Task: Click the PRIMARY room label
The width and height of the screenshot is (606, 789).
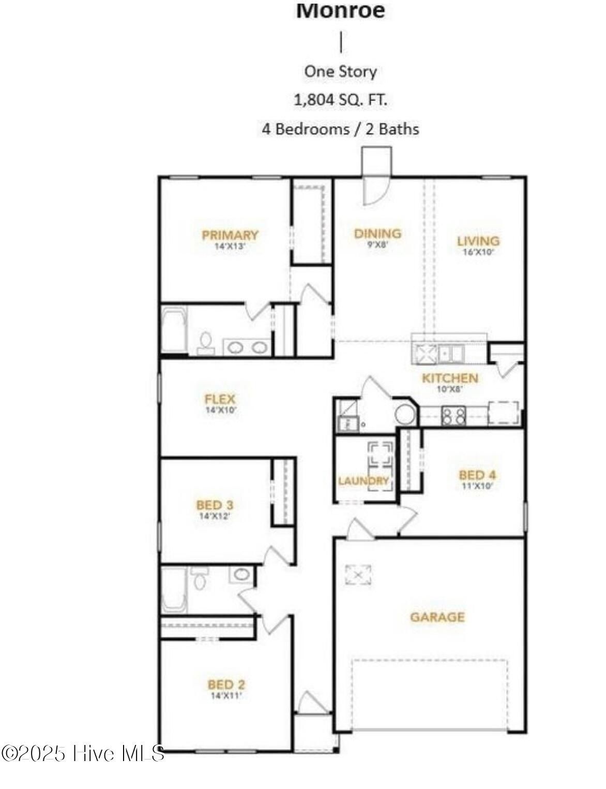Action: pyautogui.click(x=230, y=236)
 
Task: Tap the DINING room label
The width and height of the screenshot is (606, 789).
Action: pyautogui.click(x=377, y=233)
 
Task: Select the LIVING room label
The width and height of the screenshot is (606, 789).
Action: pyautogui.click(x=478, y=241)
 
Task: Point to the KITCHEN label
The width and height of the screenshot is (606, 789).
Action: pyautogui.click(x=450, y=378)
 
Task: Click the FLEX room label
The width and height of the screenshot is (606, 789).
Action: pyautogui.click(x=220, y=399)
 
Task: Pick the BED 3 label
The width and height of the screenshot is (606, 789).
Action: pyautogui.click(x=215, y=504)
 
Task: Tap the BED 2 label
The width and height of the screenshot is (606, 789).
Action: pyautogui.click(x=226, y=685)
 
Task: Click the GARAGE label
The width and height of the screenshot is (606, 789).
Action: pyautogui.click(x=437, y=617)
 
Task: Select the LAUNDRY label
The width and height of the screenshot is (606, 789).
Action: pyautogui.click(x=363, y=481)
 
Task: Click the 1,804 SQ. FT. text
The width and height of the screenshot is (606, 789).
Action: pyautogui.click(x=340, y=99)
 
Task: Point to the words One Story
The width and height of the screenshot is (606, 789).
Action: pyautogui.click(x=340, y=71)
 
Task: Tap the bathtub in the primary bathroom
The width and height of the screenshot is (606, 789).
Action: pyautogui.click(x=174, y=330)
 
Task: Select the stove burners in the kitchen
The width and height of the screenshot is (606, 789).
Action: pyautogui.click(x=453, y=415)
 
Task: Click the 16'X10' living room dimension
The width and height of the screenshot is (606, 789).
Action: pyautogui.click(x=478, y=253)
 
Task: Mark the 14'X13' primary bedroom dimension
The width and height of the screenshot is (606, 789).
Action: pyautogui.click(x=230, y=247)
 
